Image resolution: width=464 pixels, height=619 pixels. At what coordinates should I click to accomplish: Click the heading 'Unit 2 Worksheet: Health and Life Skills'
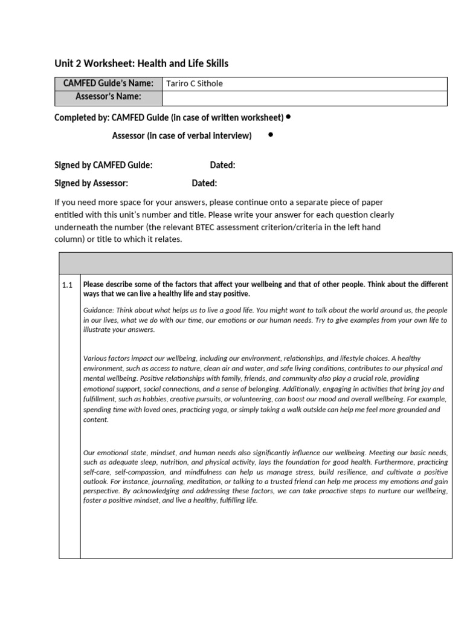tap(141, 63)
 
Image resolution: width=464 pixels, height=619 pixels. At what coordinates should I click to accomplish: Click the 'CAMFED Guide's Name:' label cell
tap(109, 83)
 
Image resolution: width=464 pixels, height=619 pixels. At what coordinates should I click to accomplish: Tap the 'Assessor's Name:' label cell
tap(109, 97)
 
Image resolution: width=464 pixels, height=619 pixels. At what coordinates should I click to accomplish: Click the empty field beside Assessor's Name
tap(304, 98)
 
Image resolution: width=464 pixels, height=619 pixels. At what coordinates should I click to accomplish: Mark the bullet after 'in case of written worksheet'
tap(289, 117)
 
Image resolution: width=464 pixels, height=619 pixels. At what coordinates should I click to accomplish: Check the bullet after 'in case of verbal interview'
tap(269, 135)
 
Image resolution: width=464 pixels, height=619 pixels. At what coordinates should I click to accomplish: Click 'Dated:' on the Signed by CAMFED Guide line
tap(222, 165)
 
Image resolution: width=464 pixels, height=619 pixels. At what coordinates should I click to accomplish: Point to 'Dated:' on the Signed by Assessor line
tap(204, 183)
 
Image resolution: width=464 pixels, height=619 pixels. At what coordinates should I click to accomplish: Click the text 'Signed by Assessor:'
tap(91, 183)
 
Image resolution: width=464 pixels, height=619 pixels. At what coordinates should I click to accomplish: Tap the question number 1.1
tap(67, 285)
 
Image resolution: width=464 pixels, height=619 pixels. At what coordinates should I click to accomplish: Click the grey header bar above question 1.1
tap(255, 264)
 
